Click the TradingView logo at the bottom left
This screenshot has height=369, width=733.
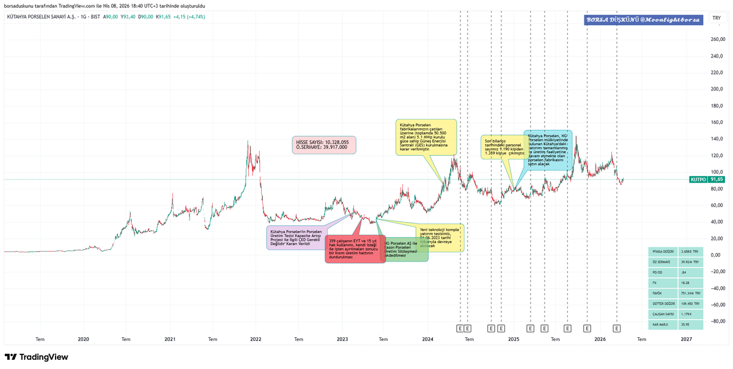pyautogui.click(x=36, y=357)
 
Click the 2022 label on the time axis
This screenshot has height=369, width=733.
pyautogui.click(x=256, y=338)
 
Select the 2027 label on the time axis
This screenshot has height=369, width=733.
pyautogui.click(x=686, y=338)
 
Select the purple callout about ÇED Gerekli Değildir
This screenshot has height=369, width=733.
pyautogui.click(x=295, y=237)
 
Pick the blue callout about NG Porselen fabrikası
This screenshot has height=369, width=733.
pyautogui.click(x=548, y=150)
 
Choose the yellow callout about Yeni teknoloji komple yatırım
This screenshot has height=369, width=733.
pyautogui.click(x=440, y=238)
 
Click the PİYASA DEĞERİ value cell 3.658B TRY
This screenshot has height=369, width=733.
pyautogui.click(x=691, y=251)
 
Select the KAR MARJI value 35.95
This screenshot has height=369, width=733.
pyautogui.click(x=691, y=324)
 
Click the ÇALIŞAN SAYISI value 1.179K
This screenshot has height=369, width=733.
pyautogui.click(x=691, y=314)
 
